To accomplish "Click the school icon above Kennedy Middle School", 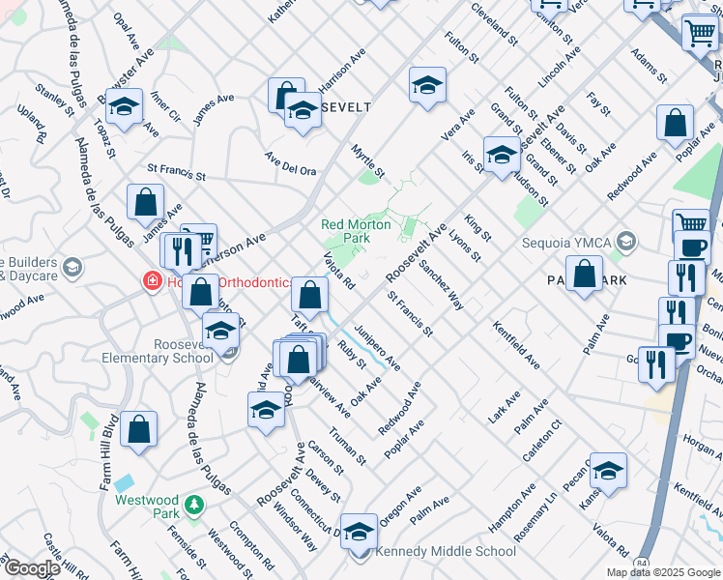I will tap(359, 530).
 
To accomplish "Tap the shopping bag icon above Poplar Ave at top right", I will tap(675, 123).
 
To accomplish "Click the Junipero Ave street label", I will tap(376, 346).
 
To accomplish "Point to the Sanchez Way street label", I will tap(441, 286).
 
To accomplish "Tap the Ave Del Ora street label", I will tap(291, 164).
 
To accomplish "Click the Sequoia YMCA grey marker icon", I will tap(625, 241).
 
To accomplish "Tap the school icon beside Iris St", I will tap(501, 156).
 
